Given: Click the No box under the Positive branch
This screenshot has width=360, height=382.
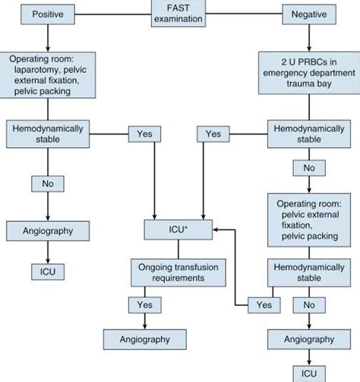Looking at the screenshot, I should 46,183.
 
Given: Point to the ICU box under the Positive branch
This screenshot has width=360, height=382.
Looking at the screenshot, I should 46,271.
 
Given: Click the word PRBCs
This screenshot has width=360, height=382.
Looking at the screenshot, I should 305,62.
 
